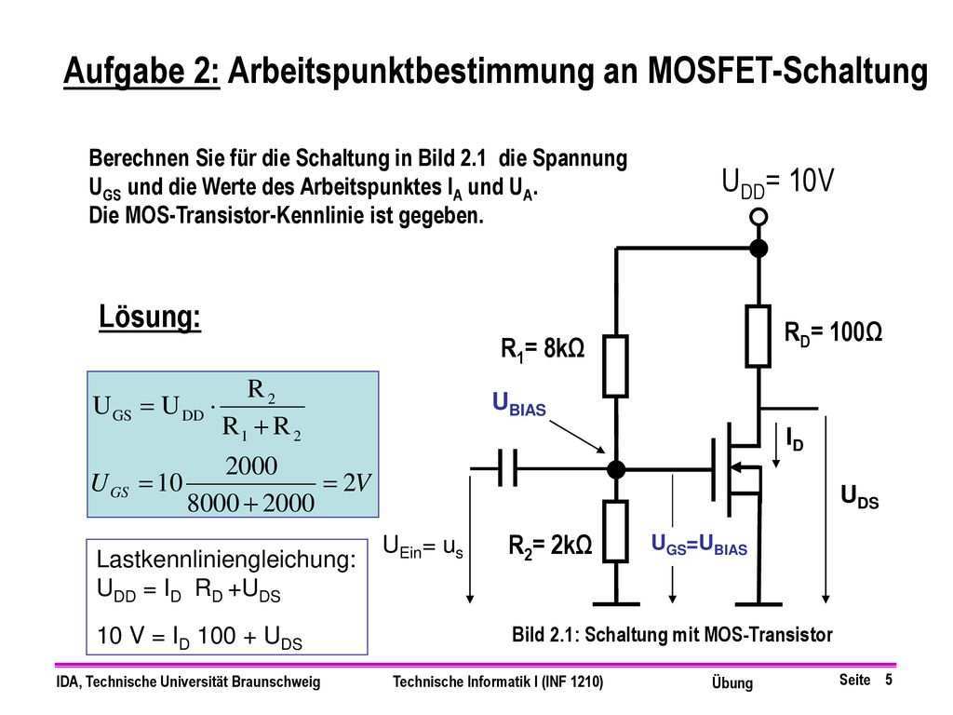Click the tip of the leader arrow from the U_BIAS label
click(x=605, y=453)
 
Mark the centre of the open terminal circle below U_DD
click(x=758, y=216)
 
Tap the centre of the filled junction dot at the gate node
click(x=616, y=469)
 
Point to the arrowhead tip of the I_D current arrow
click(x=776, y=467)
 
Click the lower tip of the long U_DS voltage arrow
click(x=825, y=603)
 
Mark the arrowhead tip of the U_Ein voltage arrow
click(x=470, y=603)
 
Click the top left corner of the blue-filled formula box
click(x=87, y=371)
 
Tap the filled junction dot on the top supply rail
click(x=758, y=248)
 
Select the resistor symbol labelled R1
click(x=616, y=366)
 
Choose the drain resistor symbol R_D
click(x=758, y=336)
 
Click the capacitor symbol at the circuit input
click(x=507, y=468)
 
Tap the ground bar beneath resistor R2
click(x=616, y=603)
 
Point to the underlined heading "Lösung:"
click(x=150, y=317)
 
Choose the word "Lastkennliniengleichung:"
click(x=226, y=560)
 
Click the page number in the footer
click(x=889, y=679)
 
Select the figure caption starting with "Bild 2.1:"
click(x=672, y=635)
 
